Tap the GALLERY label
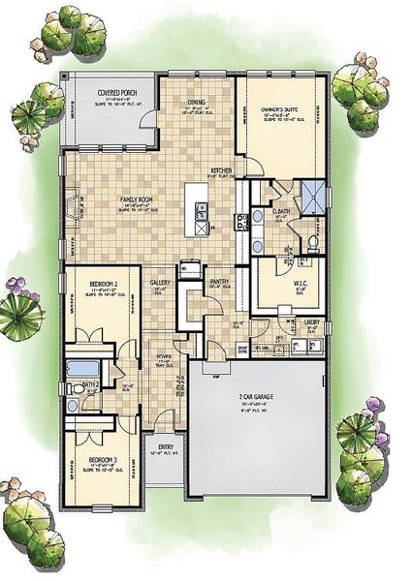pos(161,284)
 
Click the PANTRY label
pos(219,281)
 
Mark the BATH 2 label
pos(90,384)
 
